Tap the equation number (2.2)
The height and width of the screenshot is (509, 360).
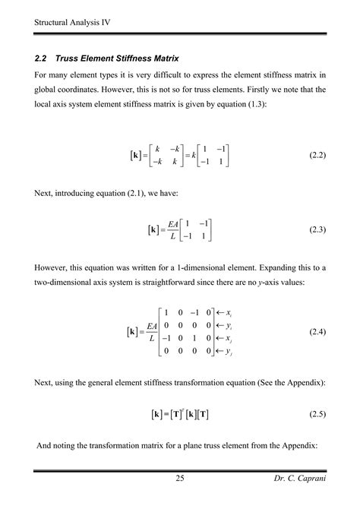tap(317, 156)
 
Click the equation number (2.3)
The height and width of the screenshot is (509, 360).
tap(317, 229)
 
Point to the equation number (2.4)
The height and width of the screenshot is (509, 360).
tap(317, 333)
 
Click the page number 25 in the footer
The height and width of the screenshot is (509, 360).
tap(180, 478)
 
